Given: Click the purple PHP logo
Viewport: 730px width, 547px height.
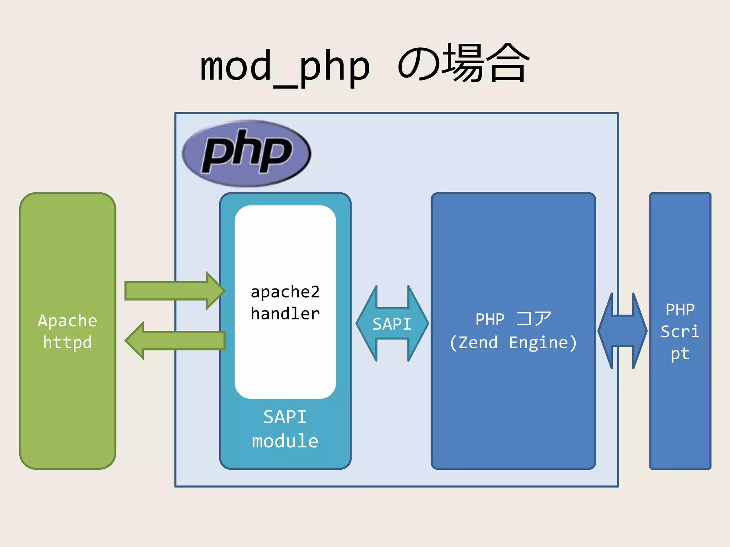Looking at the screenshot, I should pos(246,153).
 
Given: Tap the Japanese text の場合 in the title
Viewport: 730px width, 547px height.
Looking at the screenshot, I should pos(463,64).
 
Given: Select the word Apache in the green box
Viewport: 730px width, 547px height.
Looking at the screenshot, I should pos(67,321).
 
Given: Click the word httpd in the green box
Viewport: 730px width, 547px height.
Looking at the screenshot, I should pos(67,343).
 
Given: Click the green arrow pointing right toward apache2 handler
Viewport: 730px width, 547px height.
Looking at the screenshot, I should pos(175,291).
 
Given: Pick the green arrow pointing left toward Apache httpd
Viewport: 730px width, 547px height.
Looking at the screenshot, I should pos(175,341).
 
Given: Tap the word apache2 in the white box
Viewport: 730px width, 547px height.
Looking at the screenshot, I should pos(285,292).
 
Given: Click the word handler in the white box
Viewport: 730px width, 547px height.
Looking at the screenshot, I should pos(285,314).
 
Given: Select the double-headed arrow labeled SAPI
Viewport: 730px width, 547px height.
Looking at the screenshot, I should pos(392,324).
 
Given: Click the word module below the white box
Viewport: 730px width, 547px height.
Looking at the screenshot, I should pos(285,441).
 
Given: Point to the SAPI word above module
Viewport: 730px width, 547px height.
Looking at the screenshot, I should pos(285,417).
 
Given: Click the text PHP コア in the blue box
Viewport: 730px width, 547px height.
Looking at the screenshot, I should pos(513,319).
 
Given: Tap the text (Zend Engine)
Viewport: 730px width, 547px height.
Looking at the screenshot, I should pos(513,343).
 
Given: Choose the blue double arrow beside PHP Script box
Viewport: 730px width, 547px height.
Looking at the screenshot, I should pos(622,331).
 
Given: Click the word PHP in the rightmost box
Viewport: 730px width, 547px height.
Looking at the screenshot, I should pos(680,310).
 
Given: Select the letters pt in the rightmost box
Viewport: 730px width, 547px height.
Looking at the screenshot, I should pos(680,354).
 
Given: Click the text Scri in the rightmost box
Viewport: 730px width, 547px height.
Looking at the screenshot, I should pos(680,332).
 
